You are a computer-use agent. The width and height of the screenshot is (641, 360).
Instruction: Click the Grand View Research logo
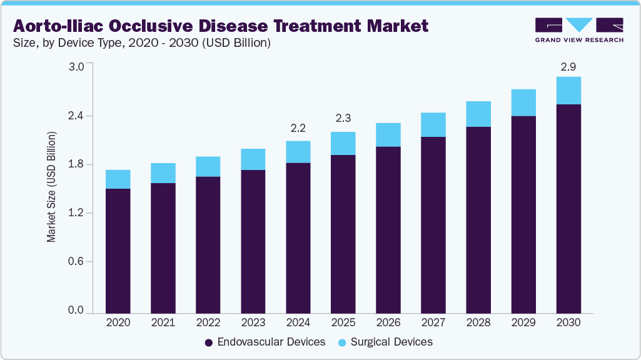[579, 29]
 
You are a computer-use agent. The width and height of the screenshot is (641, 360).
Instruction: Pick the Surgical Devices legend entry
[385, 342]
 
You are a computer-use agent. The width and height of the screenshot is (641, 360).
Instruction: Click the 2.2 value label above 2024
[298, 129]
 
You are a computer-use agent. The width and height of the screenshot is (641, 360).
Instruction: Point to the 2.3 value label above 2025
[343, 119]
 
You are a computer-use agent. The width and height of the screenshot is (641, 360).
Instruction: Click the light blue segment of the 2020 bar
[118, 179]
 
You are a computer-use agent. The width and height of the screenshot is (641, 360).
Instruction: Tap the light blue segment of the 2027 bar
[433, 125]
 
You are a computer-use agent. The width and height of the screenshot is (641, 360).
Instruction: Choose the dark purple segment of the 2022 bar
[208, 244]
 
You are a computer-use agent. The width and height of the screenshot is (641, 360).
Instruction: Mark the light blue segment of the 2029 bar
[523, 102]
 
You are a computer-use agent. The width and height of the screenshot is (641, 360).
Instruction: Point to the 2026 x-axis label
[388, 322]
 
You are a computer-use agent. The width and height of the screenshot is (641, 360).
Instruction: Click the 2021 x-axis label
[163, 322]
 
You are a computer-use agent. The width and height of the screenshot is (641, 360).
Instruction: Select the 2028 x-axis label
[478, 322]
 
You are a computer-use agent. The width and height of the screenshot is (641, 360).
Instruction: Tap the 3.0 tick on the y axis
[76, 67]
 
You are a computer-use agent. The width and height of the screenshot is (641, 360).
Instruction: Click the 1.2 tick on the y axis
[76, 213]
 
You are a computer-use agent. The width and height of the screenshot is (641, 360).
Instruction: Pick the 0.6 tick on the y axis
[76, 262]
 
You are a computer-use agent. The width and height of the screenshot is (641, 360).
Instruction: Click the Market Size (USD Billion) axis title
[52, 187]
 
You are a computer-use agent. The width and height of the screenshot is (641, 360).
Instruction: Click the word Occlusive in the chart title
[165, 26]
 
